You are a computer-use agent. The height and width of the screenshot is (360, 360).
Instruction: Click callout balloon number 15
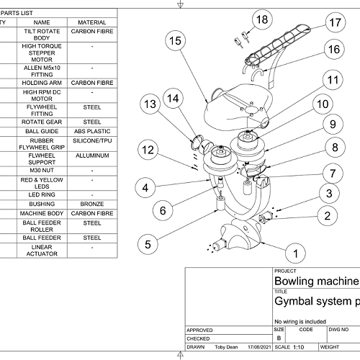[176, 40]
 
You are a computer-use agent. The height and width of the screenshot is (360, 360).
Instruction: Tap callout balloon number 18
[262, 19]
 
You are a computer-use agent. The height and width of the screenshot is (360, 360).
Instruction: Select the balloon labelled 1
[295, 253]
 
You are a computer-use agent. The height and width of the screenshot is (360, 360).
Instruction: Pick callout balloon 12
[148, 150]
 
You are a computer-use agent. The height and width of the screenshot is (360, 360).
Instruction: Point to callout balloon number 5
[148, 244]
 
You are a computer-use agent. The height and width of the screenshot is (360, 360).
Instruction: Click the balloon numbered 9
[333, 124]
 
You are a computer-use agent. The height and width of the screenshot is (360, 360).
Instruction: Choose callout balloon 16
[334, 49]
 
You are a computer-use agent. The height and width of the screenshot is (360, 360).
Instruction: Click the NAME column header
[42, 22]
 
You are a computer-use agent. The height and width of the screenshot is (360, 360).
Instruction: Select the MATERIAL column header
[92, 22]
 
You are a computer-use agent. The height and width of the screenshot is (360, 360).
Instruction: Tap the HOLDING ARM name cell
[42, 83]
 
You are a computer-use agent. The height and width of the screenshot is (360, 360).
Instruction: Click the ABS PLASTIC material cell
[92, 131]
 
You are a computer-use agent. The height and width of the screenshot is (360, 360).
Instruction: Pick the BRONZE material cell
[92, 204]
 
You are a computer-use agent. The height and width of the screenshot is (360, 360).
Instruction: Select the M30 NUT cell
[42, 171]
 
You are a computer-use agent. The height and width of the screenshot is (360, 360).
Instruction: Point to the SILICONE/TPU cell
[92, 140]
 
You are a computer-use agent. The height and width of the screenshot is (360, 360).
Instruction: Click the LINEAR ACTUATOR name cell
[42, 251]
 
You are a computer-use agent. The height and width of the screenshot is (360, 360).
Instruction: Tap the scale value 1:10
[298, 347]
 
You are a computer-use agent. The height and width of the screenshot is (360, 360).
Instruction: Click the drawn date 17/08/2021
[259, 347]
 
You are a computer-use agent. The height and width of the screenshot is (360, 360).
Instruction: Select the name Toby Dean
[226, 347]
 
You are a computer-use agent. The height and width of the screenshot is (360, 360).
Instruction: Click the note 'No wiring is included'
[300, 322]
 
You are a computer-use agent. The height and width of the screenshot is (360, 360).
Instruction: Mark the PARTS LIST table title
[17, 13]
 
